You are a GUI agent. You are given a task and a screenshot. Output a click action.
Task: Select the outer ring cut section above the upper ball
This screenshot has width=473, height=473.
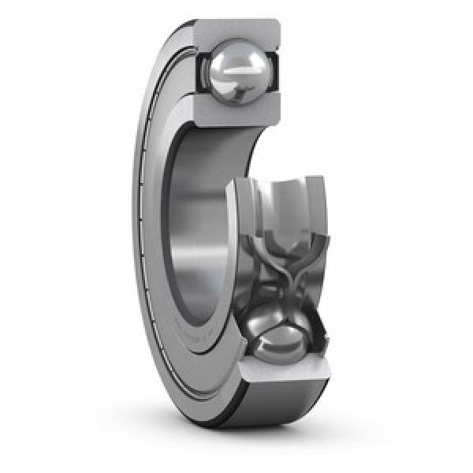[236, 32]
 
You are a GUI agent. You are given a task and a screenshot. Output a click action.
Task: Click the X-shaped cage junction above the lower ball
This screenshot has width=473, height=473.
[281, 272]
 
